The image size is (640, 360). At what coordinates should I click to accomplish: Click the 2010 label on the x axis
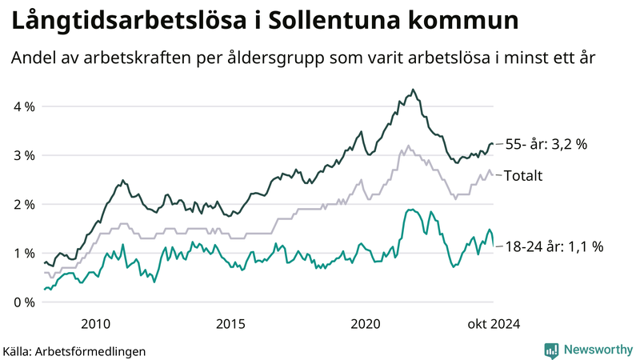[95, 323]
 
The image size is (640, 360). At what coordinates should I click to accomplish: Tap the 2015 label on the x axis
[230, 323]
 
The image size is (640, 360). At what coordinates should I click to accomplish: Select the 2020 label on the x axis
[366, 323]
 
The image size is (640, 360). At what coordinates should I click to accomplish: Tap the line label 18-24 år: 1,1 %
[554, 248]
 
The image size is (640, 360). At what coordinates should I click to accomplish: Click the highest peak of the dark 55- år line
[413, 90]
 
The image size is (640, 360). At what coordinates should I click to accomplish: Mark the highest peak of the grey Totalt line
[409, 146]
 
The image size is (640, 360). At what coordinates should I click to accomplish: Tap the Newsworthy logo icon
[551, 350]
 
